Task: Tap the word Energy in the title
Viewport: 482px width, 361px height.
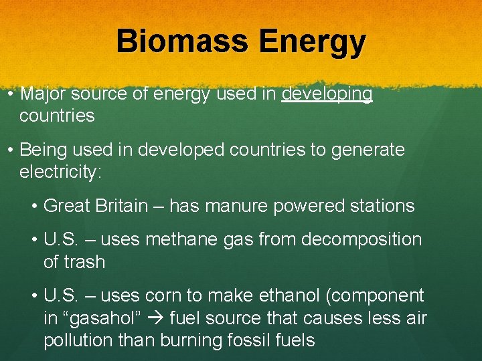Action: click(312, 43)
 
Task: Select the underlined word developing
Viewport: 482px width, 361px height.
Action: click(327, 94)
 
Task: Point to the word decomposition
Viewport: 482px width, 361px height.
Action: click(361, 240)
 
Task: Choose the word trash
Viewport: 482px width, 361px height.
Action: click(85, 262)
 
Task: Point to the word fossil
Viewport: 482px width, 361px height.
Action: click(252, 340)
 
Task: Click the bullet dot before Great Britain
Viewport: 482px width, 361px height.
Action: click(35, 206)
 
